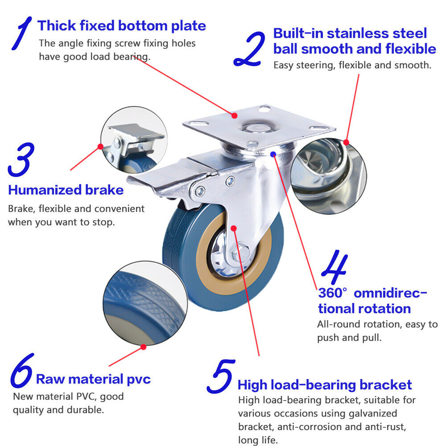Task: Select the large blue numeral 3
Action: click(21, 159)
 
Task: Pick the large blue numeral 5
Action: click(221, 376)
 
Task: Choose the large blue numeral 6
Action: click(21, 371)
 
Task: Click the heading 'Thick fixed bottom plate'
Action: click(122, 25)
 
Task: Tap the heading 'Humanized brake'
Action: click(66, 190)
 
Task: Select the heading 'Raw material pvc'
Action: click(93, 380)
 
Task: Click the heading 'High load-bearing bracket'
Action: click(325, 385)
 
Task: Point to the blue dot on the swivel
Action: click(273, 154)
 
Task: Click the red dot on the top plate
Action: click(235, 116)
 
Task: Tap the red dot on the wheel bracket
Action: click(234, 228)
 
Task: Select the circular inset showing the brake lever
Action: click(134, 140)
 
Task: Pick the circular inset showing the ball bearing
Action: click(329, 176)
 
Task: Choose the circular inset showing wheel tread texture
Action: click(145, 303)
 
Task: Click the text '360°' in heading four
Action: click(333, 293)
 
